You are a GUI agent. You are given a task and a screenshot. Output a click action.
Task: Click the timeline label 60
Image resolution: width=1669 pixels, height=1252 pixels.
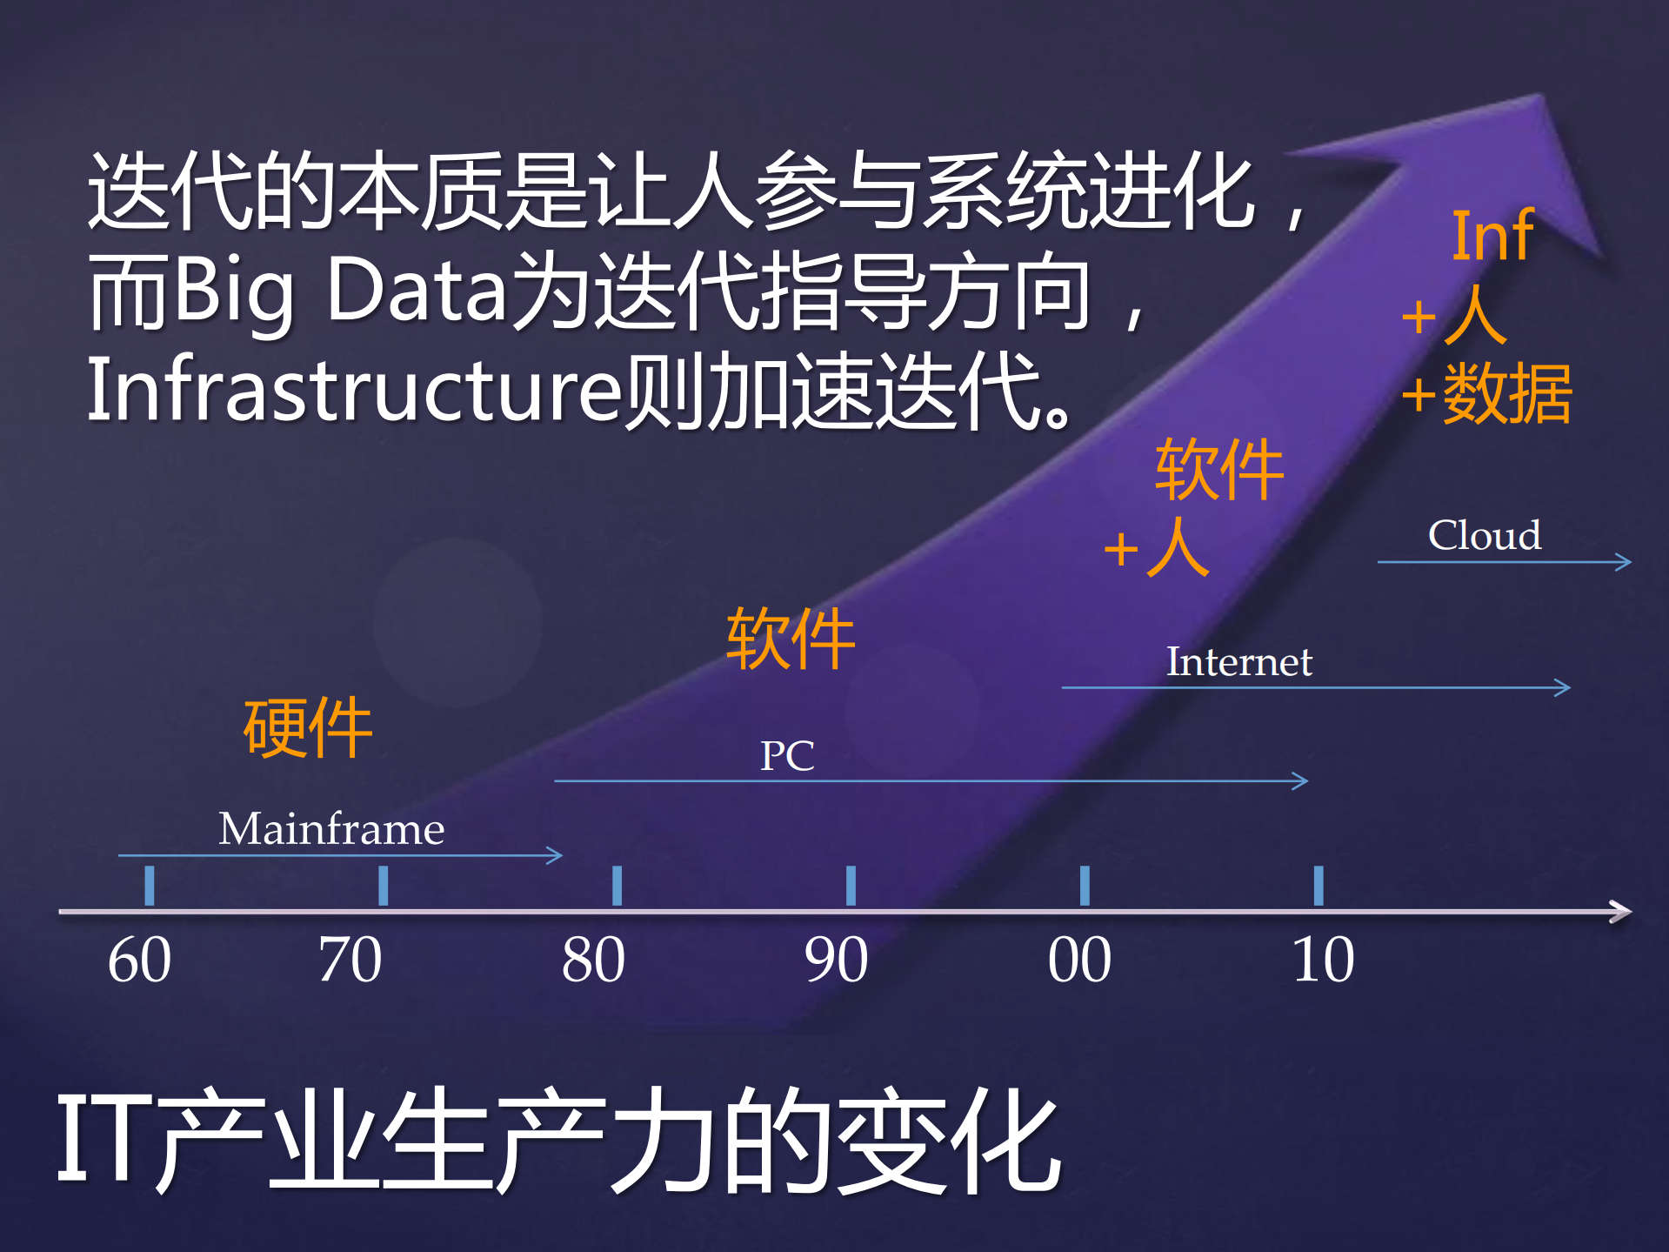point(139,960)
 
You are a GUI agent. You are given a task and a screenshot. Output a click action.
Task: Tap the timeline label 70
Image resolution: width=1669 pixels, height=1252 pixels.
point(350,960)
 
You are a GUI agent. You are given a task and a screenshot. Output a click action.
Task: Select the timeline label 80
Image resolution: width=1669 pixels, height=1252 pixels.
point(593,960)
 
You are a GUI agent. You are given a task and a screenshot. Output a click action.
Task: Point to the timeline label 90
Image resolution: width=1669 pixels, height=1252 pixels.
point(836,960)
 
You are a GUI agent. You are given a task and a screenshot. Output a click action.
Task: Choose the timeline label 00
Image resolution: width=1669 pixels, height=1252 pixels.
point(1079,960)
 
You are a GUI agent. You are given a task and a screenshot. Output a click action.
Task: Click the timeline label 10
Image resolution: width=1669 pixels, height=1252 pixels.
point(1323,960)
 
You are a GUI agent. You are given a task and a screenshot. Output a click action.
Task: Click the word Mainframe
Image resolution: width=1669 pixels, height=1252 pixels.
point(331,828)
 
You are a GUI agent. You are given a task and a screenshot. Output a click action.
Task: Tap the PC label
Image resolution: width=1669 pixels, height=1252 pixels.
point(787,755)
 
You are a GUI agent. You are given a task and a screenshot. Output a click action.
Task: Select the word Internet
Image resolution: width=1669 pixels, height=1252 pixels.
point(1238,661)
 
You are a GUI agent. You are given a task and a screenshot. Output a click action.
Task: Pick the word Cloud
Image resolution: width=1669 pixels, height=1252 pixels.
point(1485,535)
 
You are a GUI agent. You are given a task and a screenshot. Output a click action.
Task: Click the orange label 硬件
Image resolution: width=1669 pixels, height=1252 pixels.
point(308,728)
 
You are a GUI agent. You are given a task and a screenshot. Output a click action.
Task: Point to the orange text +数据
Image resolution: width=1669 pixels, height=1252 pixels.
point(1487,394)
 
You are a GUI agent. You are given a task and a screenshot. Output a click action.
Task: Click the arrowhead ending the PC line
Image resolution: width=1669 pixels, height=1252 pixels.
point(1302,780)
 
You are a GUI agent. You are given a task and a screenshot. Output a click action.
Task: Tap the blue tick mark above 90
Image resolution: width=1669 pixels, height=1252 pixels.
point(851,885)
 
